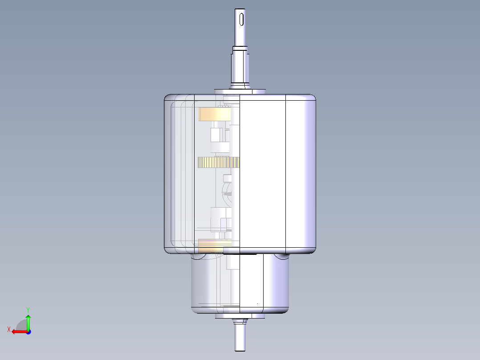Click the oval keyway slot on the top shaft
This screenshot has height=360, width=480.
[x=241, y=20]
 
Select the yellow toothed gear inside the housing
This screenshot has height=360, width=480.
[x=218, y=163]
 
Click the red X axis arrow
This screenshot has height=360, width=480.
[x=18, y=331]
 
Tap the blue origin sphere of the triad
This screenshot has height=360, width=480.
[x=28, y=331]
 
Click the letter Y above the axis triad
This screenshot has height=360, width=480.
[x=28, y=309]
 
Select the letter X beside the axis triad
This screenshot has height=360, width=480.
[x=8, y=329]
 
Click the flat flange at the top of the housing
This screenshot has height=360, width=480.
[x=240, y=91]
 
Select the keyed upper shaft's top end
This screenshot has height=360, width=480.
[x=241, y=11]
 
